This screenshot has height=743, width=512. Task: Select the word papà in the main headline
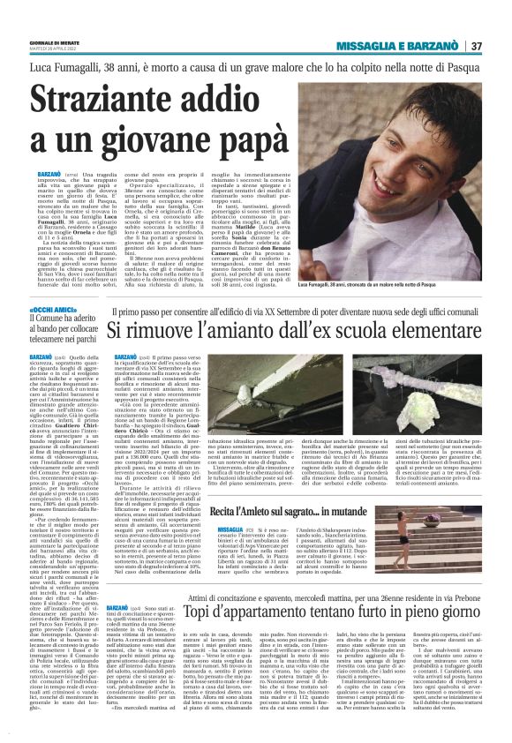(x=233, y=138)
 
